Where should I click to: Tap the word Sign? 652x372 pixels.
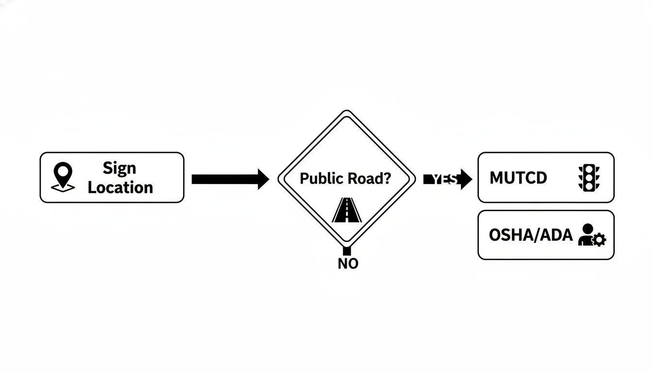point(119,168)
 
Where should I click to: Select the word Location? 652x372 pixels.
point(120,187)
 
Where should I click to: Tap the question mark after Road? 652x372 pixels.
point(386,178)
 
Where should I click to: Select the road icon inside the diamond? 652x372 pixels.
point(347,211)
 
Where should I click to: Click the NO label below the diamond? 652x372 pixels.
point(347,264)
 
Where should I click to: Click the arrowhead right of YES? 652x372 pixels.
point(466,179)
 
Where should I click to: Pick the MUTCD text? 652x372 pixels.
point(518,178)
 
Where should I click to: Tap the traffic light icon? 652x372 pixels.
point(588,178)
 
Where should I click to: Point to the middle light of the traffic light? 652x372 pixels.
point(588,178)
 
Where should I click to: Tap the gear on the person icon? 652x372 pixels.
point(599,240)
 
